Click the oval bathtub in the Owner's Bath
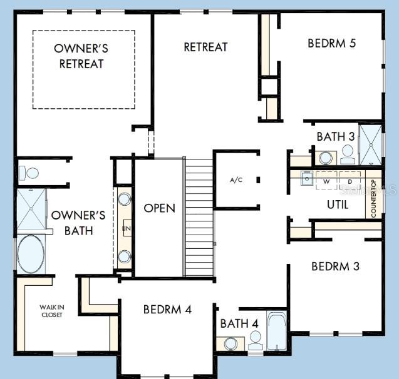(x=31, y=254)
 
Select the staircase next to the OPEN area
(x=199, y=216)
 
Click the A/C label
(x=236, y=180)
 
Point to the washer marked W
(x=326, y=180)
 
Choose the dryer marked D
(x=350, y=180)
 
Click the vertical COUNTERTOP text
(x=373, y=199)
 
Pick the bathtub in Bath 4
(x=276, y=331)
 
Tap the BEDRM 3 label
(x=335, y=266)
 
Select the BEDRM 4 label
(x=167, y=309)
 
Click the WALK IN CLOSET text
(x=52, y=311)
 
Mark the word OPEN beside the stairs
(x=159, y=208)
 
